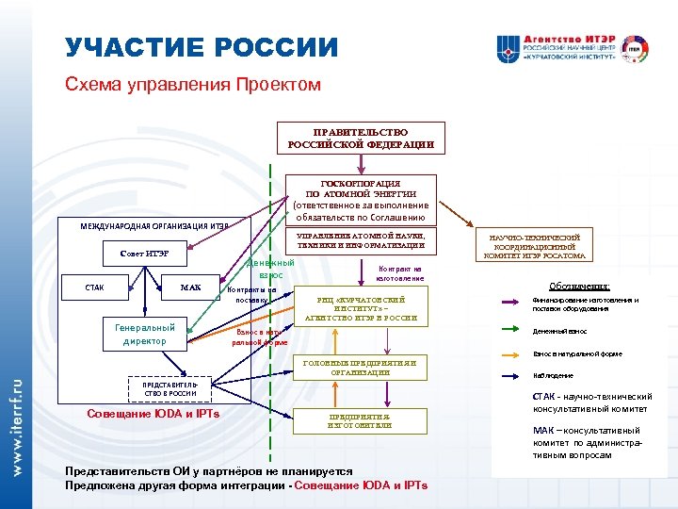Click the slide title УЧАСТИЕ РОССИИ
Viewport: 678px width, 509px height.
coord(201,47)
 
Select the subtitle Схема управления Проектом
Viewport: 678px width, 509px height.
coord(193,85)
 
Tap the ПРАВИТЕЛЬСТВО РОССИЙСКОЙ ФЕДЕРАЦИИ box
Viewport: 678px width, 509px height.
coord(361,139)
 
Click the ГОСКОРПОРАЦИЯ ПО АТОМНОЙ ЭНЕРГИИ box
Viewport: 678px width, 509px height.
coord(361,199)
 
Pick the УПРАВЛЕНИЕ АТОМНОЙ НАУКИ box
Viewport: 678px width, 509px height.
coord(361,240)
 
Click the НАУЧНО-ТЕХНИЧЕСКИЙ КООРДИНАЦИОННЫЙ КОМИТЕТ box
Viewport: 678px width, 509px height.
coord(535,246)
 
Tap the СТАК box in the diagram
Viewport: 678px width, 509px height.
coord(95,287)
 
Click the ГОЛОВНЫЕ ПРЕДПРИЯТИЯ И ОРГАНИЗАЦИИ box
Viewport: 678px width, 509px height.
coord(361,368)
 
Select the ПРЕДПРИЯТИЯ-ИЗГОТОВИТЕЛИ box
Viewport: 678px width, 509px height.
coord(361,420)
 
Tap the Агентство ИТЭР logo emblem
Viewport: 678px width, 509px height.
coord(508,48)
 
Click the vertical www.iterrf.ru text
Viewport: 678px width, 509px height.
coord(16,425)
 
